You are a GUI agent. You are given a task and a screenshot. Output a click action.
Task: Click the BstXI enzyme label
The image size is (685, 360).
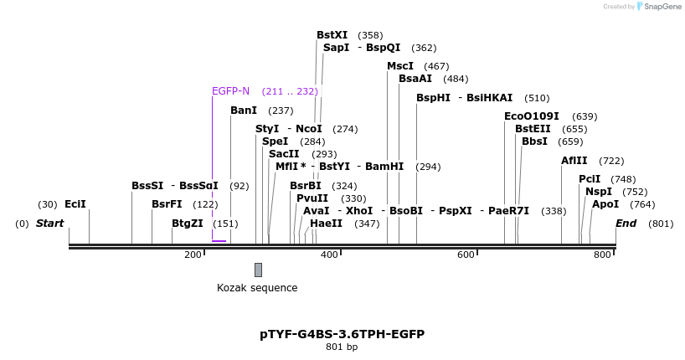point(332,35)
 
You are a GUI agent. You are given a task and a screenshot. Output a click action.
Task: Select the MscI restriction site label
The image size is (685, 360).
point(400,66)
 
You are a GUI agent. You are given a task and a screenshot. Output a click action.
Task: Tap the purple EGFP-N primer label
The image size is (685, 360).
point(230,91)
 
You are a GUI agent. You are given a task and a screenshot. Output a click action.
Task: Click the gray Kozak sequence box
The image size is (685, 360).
point(258,270)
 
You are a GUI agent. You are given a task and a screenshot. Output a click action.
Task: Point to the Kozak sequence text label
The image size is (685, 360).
point(257,288)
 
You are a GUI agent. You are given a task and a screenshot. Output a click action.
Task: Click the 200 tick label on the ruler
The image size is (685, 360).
point(193,255)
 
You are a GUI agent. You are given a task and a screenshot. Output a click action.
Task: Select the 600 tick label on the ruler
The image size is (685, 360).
point(466,255)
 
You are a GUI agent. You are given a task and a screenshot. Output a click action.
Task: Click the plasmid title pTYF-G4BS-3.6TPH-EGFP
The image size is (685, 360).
point(342,334)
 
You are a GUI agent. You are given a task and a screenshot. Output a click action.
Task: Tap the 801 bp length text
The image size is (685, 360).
point(342,347)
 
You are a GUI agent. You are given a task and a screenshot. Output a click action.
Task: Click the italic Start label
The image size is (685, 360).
point(49,224)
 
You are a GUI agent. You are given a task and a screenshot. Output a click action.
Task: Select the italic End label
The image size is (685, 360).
point(626,224)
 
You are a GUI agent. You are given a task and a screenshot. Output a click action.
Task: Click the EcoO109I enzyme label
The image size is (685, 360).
point(531,116)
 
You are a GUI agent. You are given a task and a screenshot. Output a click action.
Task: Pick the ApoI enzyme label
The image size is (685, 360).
point(605,204)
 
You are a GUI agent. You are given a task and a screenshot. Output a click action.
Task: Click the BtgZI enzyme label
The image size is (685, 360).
point(187,224)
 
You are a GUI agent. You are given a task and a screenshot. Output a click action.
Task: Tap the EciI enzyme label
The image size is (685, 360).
point(75,204)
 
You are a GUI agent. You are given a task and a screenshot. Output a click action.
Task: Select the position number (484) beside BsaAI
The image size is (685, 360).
point(456,79)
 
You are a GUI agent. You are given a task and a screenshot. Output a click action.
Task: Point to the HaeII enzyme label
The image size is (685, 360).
point(326,224)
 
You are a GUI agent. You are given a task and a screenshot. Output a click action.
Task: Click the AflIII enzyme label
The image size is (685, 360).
point(574,161)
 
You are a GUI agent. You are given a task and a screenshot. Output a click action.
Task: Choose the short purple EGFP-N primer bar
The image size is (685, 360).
point(219,241)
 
